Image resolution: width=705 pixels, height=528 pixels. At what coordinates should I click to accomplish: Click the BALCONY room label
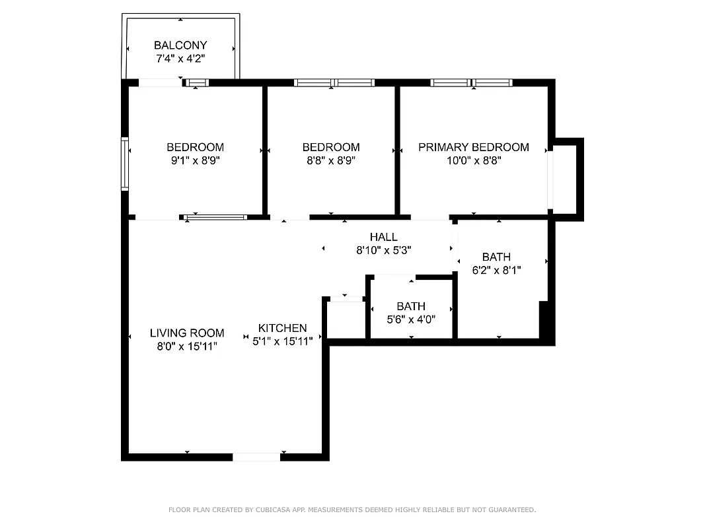click(180, 46)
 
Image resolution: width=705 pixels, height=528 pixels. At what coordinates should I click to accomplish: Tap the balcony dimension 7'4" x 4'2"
click(180, 59)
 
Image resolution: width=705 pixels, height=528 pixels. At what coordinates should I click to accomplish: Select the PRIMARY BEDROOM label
click(474, 147)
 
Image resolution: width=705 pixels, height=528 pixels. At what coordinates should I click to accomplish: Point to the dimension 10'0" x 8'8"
click(474, 160)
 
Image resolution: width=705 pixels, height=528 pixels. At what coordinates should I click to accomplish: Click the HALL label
click(384, 237)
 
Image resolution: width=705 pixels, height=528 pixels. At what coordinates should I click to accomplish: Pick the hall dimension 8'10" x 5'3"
click(384, 250)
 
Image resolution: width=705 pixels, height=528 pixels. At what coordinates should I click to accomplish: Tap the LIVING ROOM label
click(187, 333)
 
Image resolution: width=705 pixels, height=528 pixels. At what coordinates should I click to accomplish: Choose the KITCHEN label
click(282, 328)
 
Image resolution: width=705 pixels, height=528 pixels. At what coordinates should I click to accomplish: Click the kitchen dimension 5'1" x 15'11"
click(282, 341)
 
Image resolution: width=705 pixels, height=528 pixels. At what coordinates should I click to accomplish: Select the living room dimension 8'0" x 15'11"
click(187, 346)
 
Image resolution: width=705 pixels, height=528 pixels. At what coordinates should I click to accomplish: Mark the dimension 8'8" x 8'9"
click(331, 160)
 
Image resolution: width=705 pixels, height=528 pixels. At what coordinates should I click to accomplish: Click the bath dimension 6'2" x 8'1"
click(496, 270)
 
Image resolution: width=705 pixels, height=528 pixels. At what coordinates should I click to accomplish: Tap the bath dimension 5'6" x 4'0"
click(411, 319)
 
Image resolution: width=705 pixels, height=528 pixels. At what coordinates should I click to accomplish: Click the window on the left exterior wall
click(124, 164)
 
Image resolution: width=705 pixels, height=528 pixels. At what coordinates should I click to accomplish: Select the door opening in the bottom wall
click(257, 456)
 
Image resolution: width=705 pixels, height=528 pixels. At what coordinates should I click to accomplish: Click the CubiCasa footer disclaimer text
click(352, 510)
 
